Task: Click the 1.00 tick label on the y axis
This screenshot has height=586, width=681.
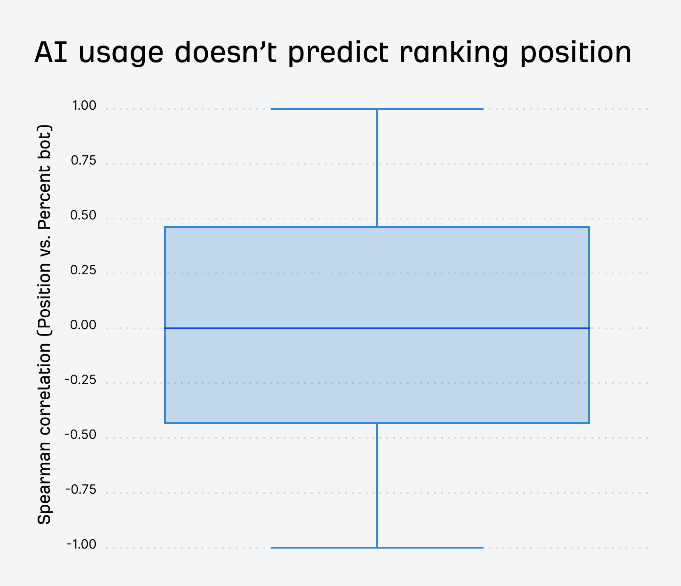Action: tap(84, 105)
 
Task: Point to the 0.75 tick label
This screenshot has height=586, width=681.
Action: tap(84, 160)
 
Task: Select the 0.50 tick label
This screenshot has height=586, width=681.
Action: tap(83, 215)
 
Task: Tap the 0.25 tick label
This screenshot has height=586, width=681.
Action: tap(83, 270)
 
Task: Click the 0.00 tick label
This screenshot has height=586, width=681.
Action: tap(83, 325)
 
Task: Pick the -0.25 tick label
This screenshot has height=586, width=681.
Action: tap(81, 380)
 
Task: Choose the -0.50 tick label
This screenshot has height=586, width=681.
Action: tap(81, 435)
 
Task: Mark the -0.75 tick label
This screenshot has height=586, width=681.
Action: tap(81, 489)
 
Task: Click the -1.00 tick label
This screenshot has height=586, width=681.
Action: tap(81, 544)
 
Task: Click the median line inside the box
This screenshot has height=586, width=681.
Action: tap(377, 328)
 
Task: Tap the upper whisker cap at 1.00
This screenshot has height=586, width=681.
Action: tap(323, 109)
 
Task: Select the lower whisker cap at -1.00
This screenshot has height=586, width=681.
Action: tap(323, 547)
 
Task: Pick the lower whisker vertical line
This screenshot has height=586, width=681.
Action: tap(377, 485)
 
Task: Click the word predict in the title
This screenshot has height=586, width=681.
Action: tap(338, 53)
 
